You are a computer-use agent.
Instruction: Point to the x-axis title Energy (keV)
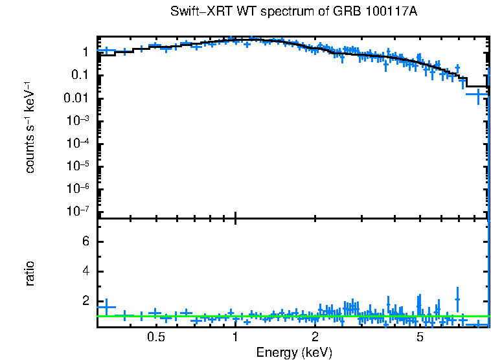pyautogui.click(x=294, y=352)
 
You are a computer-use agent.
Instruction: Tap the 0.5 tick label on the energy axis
pyautogui.click(x=155, y=337)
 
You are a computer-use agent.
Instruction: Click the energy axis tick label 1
pyautogui.click(x=235, y=337)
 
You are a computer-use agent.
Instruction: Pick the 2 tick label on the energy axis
pyautogui.click(x=315, y=337)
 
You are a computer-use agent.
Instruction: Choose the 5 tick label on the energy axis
pyautogui.click(x=420, y=337)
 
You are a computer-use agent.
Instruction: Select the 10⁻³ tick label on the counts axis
pyautogui.click(x=78, y=121)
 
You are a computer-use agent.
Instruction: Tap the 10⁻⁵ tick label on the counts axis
pyautogui.click(x=78, y=166)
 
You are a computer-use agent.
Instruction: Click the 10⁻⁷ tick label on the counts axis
pyautogui.click(x=78, y=212)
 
